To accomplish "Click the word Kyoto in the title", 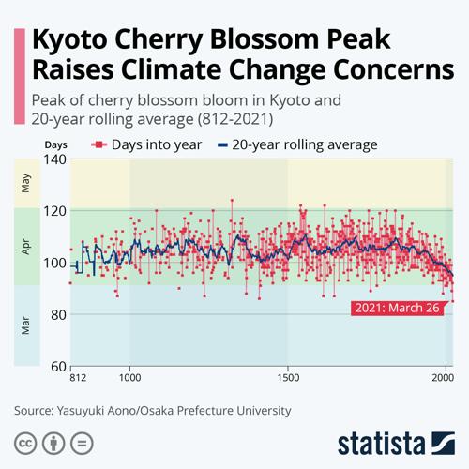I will coord(78,42).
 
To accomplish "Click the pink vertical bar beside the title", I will coord(18,75).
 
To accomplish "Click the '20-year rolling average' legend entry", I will coord(297,144).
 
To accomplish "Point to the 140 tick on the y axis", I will coord(55,159).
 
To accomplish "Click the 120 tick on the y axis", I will coord(55,210).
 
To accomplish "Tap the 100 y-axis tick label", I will coord(55,262).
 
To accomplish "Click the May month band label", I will coord(25,183).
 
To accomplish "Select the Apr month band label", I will coord(25,246).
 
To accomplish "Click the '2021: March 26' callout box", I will coord(397,308).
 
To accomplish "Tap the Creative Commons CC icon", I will coord(25,443).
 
